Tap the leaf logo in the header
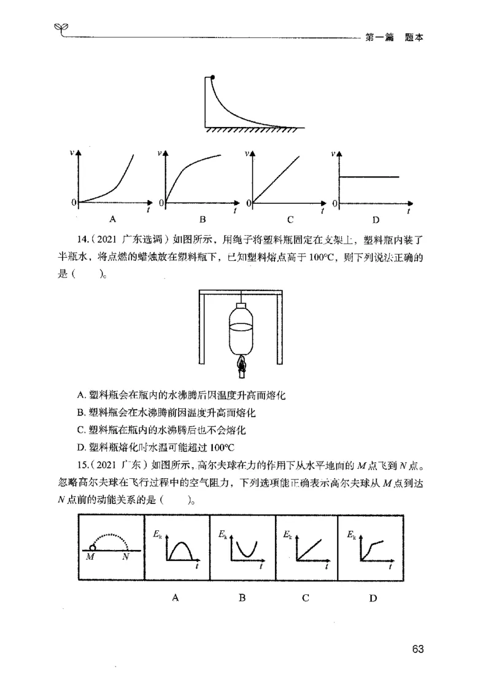pos(61,28)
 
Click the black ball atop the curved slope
pos(212,77)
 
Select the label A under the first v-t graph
pos(112,219)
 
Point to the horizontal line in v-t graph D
pos(368,177)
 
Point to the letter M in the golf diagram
pos(90,557)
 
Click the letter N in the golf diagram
pos(125,557)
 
